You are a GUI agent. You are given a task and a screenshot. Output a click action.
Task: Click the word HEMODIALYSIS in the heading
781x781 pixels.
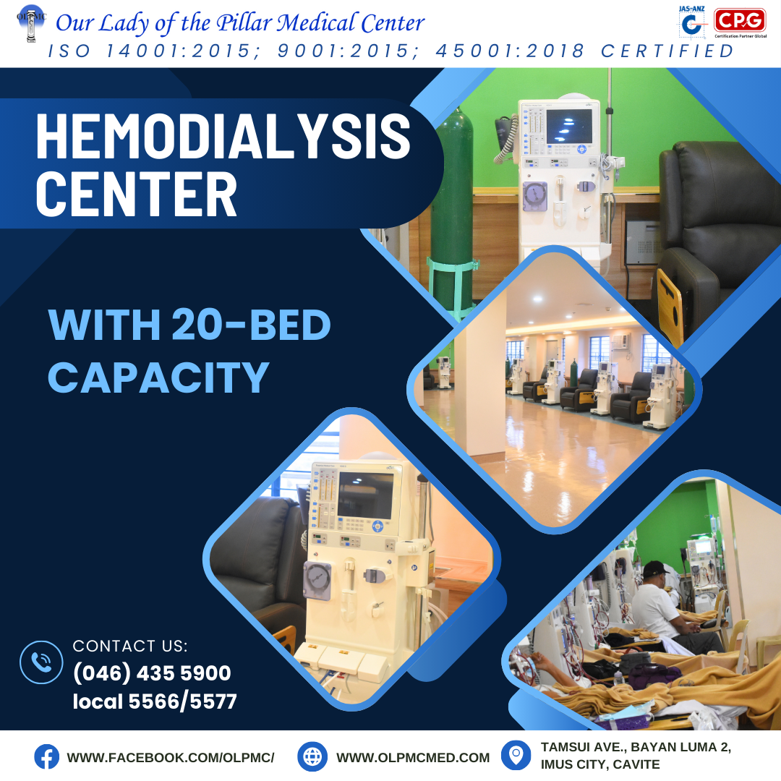pyautogui.click(x=223, y=136)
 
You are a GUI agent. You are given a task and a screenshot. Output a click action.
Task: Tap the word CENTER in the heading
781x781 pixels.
pyautogui.click(x=136, y=195)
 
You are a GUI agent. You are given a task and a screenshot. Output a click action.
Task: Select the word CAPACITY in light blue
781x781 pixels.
pyautogui.click(x=158, y=377)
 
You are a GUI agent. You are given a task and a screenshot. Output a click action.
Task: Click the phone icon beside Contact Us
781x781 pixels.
pyautogui.click(x=41, y=662)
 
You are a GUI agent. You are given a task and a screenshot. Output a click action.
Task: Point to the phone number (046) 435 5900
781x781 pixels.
pyautogui.click(x=152, y=673)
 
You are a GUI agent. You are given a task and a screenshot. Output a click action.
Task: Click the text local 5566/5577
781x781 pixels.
pyautogui.click(x=155, y=701)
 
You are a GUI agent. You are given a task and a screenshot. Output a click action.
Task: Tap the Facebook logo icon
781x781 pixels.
pyautogui.click(x=46, y=756)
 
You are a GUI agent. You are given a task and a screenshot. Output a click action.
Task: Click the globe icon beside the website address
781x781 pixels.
pyautogui.click(x=312, y=756)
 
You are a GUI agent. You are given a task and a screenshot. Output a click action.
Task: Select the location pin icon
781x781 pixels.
pyautogui.click(x=516, y=755)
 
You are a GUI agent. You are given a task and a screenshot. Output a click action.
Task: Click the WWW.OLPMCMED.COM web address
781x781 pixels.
pyautogui.click(x=413, y=758)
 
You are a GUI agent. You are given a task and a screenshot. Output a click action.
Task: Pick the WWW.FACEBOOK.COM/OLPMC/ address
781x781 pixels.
pyautogui.click(x=171, y=758)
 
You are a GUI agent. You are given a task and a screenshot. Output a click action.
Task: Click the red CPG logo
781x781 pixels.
pyautogui.click(x=740, y=20)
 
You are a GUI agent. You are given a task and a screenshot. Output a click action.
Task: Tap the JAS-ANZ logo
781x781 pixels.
pyautogui.click(x=692, y=22)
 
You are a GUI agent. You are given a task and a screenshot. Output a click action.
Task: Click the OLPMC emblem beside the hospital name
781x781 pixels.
pyautogui.click(x=31, y=23)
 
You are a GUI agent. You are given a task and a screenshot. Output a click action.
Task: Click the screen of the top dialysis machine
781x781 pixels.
pyautogui.click(x=569, y=126)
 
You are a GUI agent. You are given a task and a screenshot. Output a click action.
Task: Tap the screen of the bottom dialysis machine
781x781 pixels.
pyautogui.click(x=365, y=495)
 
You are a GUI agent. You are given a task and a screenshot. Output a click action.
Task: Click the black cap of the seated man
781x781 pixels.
pyautogui.click(x=655, y=568)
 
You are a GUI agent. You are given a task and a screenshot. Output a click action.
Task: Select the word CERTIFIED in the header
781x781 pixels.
pyautogui.click(x=667, y=51)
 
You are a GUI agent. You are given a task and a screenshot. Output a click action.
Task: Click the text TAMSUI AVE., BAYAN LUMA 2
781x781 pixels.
pyautogui.click(x=636, y=747)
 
